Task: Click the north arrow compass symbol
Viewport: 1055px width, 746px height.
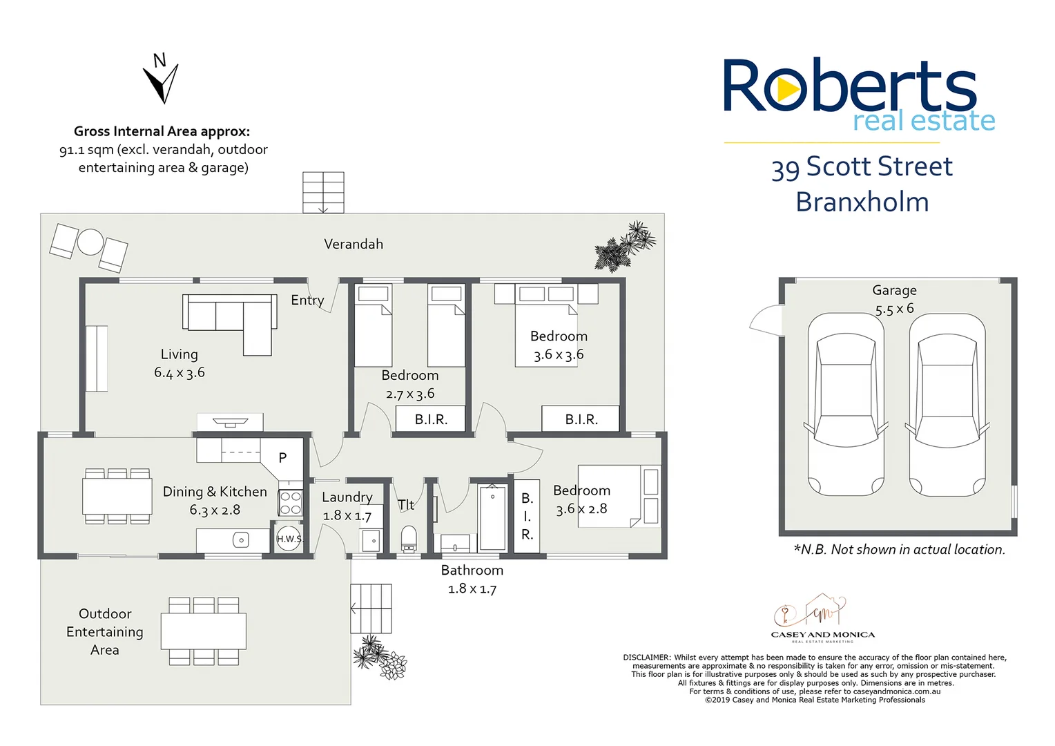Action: tap(162, 80)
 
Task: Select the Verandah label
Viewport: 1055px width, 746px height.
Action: tap(354, 244)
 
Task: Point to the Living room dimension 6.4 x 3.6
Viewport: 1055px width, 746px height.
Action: tap(180, 372)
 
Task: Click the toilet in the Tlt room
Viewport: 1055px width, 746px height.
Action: tap(409, 539)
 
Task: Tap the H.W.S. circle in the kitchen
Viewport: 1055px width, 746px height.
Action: tap(289, 539)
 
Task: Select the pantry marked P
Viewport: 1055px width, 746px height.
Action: tap(282, 458)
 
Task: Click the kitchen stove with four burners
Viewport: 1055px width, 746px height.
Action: tap(291, 503)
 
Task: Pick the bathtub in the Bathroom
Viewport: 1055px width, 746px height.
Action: tap(492, 516)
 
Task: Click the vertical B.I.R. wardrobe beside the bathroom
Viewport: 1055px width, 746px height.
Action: tap(527, 516)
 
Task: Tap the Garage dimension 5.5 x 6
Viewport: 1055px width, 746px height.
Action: tap(894, 308)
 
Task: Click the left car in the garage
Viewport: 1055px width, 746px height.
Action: tap(845, 404)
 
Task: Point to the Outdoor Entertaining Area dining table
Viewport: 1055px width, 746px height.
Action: tap(204, 631)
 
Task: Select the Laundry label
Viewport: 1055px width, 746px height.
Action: tap(347, 497)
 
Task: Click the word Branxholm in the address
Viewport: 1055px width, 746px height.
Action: tap(862, 202)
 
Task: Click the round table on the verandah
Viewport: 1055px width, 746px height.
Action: tap(90, 242)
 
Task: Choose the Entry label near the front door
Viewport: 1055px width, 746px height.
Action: tap(307, 300)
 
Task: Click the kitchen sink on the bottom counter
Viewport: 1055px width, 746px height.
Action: tap(240, 539)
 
